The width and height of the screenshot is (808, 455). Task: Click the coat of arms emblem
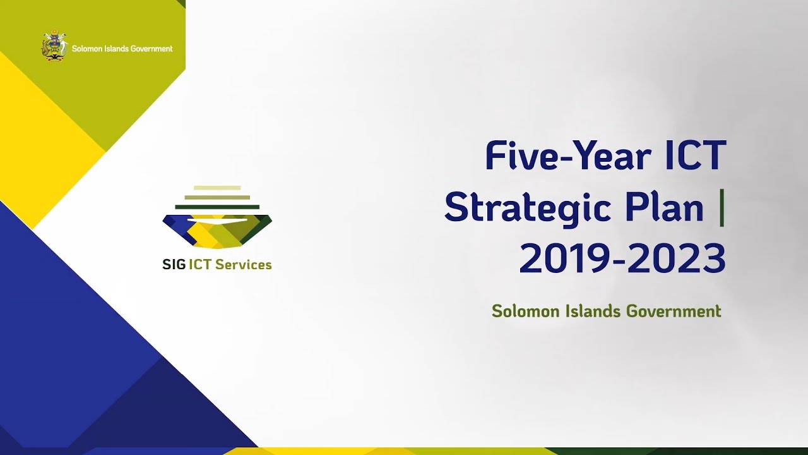(x=54, y=46)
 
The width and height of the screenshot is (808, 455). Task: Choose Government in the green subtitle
(x=674, y=312)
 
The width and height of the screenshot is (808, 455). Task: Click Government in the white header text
(x=149, y=49)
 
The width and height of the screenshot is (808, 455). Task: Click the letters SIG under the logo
(x=174, y=265)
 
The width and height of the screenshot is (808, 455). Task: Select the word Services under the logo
(x=244, y=265)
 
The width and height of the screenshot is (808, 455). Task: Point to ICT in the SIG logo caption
(x=200, y=265)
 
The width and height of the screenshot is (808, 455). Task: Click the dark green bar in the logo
(x=217, y=207)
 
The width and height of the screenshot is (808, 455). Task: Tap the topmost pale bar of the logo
(x=217, y=188)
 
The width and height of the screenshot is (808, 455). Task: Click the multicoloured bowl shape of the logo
(x=217, y=231)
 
